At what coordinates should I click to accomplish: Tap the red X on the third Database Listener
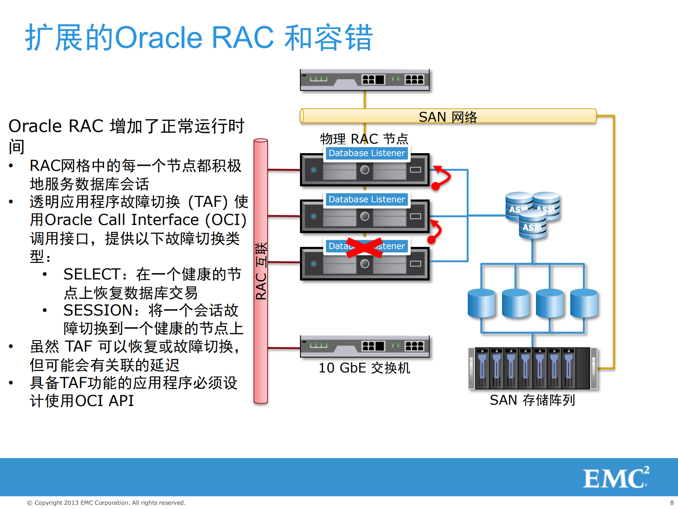[x=364, y=247]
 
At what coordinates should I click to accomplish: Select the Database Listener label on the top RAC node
[x=367, y=153]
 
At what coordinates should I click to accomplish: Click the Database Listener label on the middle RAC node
[x=367, y=199]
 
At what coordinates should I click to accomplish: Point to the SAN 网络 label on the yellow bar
[x=448, y=117]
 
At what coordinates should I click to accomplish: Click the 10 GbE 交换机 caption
[x=364, y=368]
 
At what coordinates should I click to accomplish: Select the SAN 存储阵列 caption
[x=532, y=400]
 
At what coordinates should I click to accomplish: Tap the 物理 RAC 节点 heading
[x=364, y=139]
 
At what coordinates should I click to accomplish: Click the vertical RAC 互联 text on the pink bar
[x=261, y=271]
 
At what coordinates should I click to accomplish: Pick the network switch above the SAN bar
[x=365, y=80]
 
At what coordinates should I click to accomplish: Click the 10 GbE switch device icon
[x=365, y=346]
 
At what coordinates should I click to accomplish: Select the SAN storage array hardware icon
[x=532, y=368]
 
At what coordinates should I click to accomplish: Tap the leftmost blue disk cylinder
[x=481, y=303]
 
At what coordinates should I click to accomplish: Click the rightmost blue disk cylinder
[x=584, y=303]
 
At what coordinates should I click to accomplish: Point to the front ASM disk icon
[x=532, y=225]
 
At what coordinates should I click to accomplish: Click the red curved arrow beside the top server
[x=442, y=177]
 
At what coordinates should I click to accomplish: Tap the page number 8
[x=672, y=503]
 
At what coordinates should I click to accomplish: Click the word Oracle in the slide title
[x=159, y=37]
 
